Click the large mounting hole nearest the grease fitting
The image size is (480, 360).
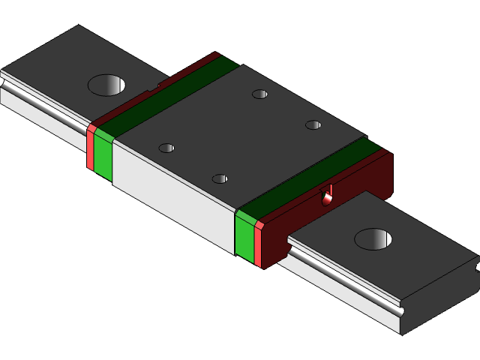[373, 239]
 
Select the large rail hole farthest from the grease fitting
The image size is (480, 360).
[106, 85]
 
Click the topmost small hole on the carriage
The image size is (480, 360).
[259, 94]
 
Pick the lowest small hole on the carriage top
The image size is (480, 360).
[220, 178]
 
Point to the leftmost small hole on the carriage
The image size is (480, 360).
[166, 148]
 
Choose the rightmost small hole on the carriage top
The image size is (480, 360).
[313, 124]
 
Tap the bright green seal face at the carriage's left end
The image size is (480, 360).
[103, 158]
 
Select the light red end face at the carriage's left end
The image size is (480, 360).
[90, 148]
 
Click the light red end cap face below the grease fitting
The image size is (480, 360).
[258, 244]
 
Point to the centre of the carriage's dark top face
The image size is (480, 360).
[240, 135]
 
